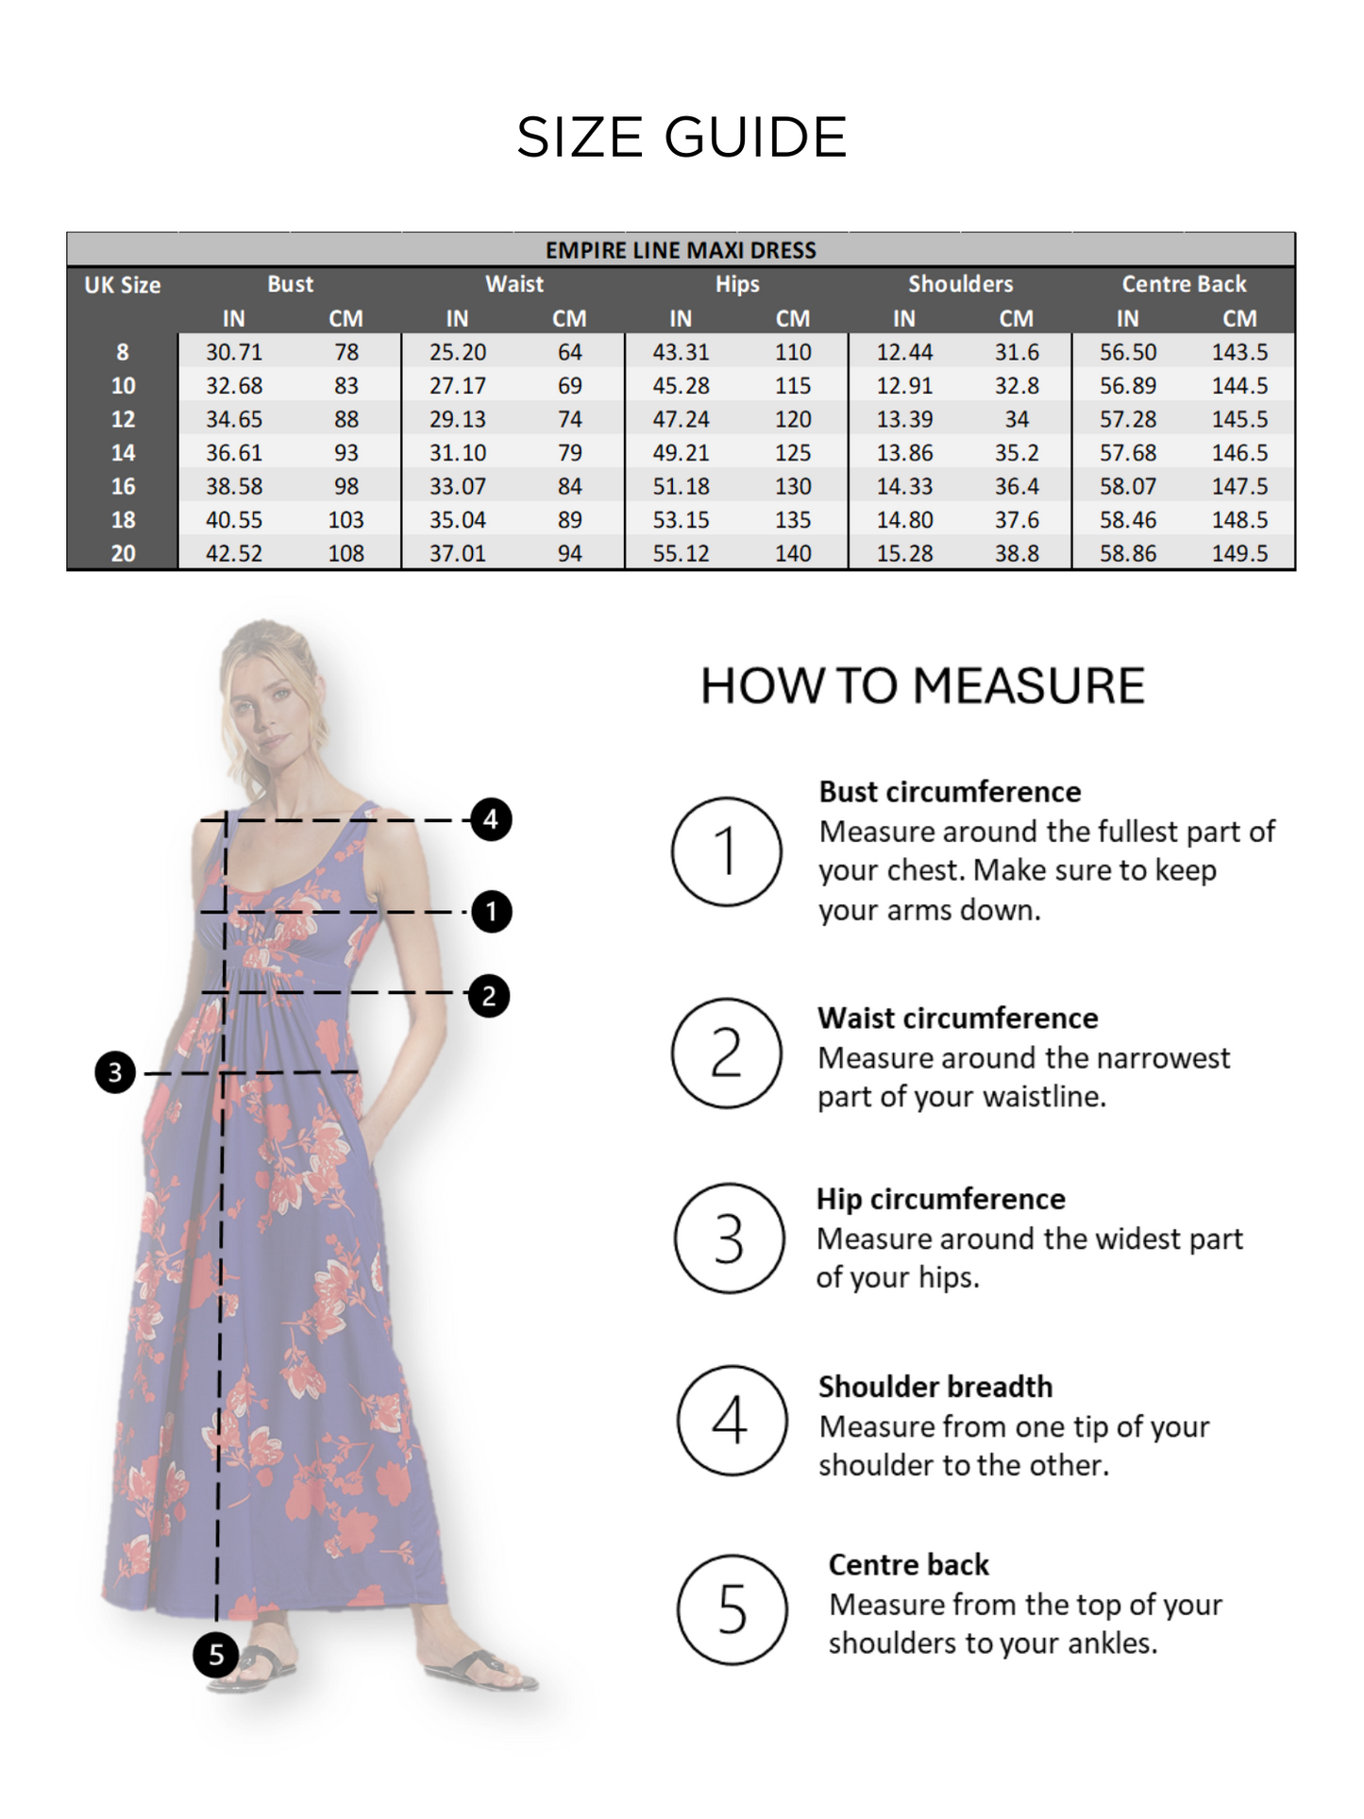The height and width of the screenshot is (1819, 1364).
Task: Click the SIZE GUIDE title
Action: pyautogui.click(x=682, y=137)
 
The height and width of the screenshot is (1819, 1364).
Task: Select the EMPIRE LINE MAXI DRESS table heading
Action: pyautogui.click(x=681, y=250)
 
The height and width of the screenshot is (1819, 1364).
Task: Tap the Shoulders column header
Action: pyautogui.click(x=960, y=284)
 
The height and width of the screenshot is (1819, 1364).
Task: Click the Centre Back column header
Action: pyautogui.click(x=1184, y=284)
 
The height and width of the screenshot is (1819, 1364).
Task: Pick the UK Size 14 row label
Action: pyautogui.click(x=123, y=453)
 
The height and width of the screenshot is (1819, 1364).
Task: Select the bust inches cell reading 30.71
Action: pyautogui.click(x=234, y=352)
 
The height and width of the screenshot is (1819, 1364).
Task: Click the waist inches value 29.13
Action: pyautogui.click(x=458, y=419)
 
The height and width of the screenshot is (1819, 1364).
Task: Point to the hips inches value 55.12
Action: pyautogui.click(x=681, y=553)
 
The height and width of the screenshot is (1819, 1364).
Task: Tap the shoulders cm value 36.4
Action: pyautogui.click(x=1017, y=486)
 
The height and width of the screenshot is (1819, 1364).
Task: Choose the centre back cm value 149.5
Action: pyautogui.click(x=1239, y=553)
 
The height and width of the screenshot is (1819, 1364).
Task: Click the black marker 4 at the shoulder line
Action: pyautogui.click(x=491, y=819)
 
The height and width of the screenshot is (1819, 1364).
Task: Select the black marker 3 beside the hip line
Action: pyautogui.click(x=115, y=1072)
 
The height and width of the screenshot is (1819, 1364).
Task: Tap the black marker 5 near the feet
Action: pyautogui.click(x=215, y=1654)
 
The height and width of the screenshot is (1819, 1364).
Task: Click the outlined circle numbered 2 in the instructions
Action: pyautogui.click(x=726, y=1053)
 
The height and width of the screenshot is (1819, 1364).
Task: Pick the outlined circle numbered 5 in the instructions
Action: pyautogui.click(x=732, y=1609)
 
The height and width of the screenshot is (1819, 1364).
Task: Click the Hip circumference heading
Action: pyautogui.click(x=940, y=1199)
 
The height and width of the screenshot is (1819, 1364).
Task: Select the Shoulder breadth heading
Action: pyautogui.click(x=935, y=1387)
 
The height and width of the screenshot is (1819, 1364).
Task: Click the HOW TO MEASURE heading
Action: pyautogui.click(x=922, y=686)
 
